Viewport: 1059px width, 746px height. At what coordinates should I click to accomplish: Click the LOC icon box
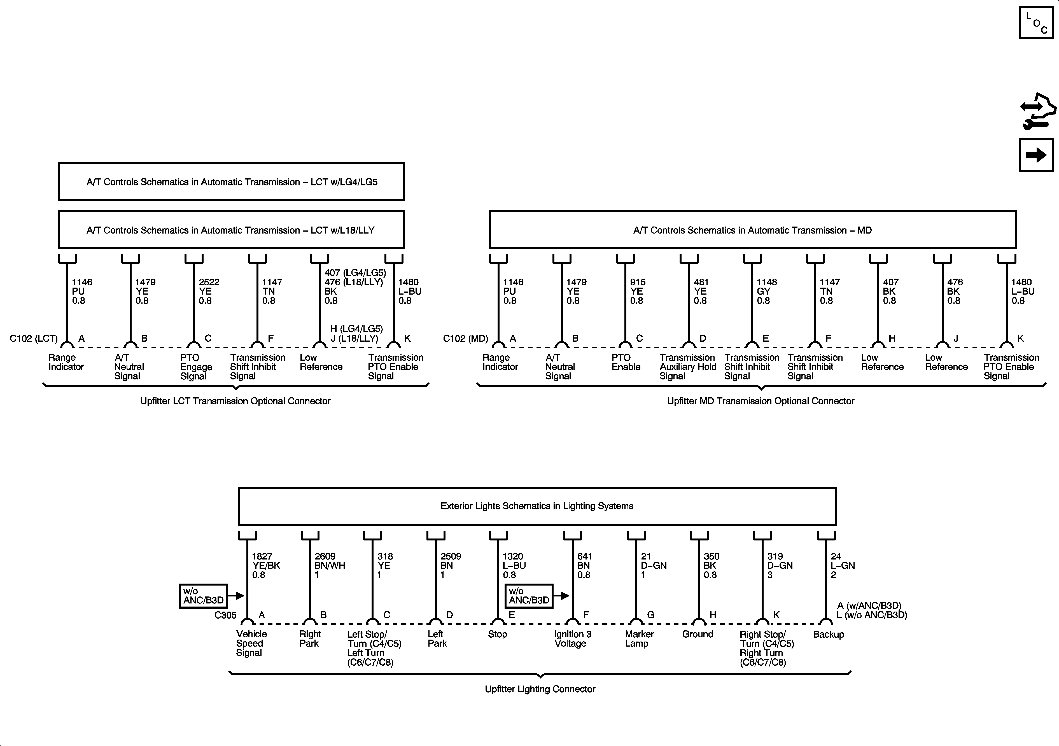coord(1036,23)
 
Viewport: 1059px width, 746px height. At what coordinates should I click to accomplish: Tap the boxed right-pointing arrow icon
coord(1036,155)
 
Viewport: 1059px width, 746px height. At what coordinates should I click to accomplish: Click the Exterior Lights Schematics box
coord(537,506)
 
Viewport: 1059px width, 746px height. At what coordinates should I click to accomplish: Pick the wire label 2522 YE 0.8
coord(209,291)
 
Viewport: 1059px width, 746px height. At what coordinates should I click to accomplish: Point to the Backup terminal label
coord(828,634)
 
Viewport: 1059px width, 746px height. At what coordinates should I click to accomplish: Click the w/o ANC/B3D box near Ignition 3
coord(529,596)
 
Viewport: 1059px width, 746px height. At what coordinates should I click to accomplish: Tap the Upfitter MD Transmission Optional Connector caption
coord(760,401)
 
